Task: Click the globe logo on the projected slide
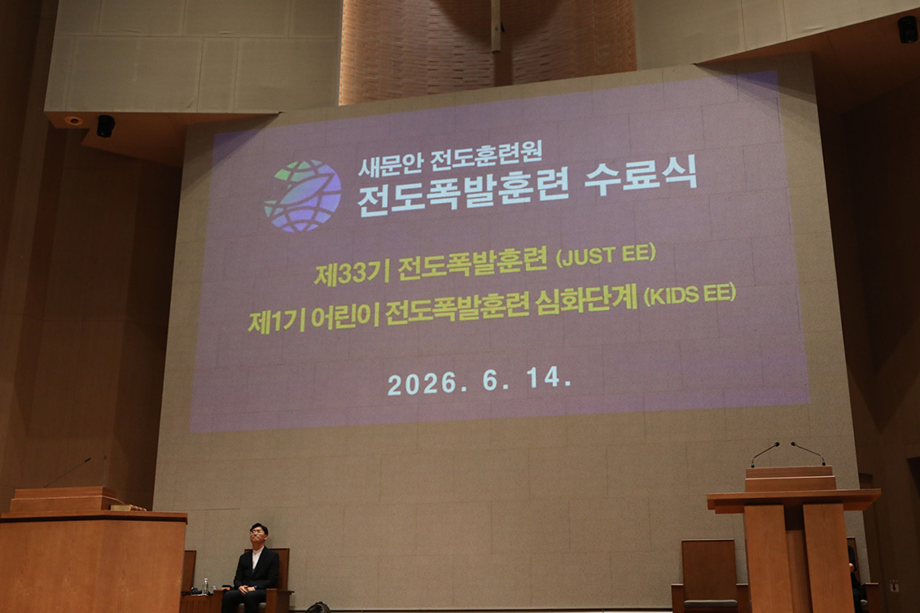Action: pyautogui.click(x=303, y=195)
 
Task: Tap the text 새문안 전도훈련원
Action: pyautogui.click(x=450, y=157)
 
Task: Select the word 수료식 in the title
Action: pyautogui.click(x=641, y=175)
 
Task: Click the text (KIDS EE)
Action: pyautogui.click(x=690, y=294)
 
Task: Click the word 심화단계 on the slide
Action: pyautogui.click(x=587, y=300)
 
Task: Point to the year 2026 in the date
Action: pyautogui.click(x=423, y=384)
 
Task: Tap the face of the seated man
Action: pyautogui.click(x=258, y=536)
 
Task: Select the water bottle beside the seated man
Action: pyautogui.click(x=205, y=586)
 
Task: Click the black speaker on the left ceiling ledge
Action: pyautogui.click(x=106, y=126)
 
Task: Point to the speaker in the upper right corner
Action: pyautogui.click(x=907, y=29)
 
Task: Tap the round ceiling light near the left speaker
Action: pyautogui.click(x=74, y=120)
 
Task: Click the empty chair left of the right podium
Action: pyautogui.click(x=708, y=575)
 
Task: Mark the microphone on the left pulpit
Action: pyautogui.click(x=67, y=472)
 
